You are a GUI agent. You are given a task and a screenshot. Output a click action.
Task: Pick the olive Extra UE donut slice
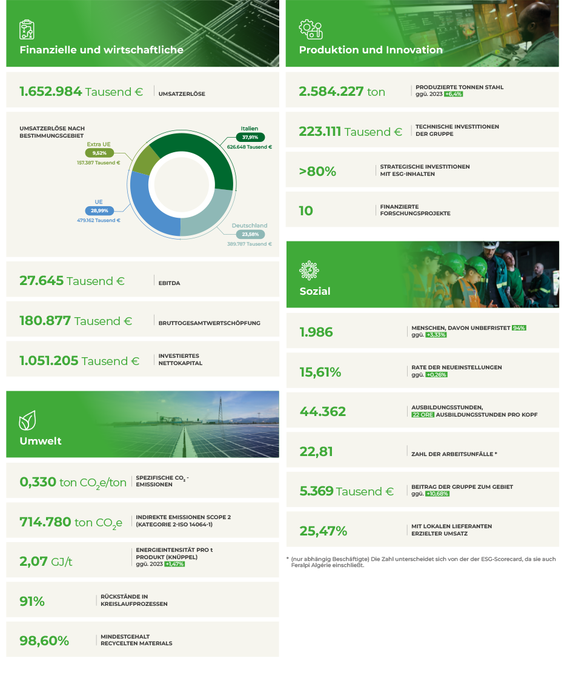[146, 159]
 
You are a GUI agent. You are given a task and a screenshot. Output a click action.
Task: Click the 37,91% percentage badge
[250, 138]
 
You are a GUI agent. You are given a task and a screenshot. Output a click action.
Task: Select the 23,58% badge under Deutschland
[250, 234]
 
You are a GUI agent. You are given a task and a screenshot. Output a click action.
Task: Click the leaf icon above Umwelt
[27, 420]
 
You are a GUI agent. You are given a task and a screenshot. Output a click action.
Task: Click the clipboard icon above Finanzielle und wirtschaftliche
[27, 29]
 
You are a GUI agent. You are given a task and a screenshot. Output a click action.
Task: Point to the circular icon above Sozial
[309, 269]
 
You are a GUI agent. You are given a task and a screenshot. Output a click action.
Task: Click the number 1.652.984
[50, 92]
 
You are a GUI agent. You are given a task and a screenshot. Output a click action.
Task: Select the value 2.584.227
[330, 92]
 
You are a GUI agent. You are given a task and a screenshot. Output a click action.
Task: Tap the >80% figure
[317, 172]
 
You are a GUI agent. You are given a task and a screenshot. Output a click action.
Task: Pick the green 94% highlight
[519, 327]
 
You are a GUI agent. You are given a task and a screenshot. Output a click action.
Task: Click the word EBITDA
[169, 282]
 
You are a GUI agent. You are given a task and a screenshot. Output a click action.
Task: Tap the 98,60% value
[44, 640]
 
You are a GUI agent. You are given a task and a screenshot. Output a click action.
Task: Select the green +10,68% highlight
[437, 494]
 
